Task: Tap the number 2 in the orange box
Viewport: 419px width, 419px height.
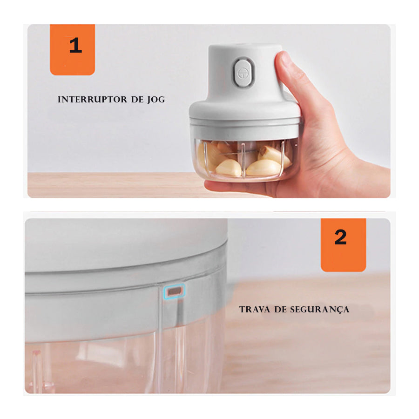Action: (341, 237)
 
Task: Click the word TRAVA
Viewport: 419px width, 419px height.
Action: (253, 309)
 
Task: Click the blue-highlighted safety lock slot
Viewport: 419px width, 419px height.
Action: (174, 291)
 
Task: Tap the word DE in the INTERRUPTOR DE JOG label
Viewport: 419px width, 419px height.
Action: (137, 100)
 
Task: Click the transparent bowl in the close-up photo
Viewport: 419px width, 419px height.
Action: (116, 363)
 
